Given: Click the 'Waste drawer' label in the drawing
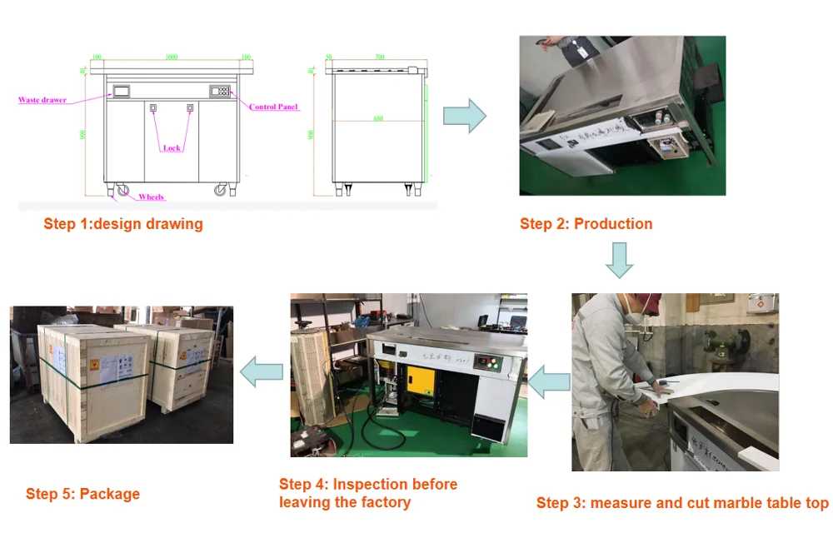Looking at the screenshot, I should click(42, 100).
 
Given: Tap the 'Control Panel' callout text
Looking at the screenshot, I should click(274, 107).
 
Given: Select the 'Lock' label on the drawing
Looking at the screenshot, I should click(172, 148).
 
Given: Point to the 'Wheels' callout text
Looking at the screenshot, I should click(151, 197).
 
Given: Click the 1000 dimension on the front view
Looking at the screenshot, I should click(172, 57).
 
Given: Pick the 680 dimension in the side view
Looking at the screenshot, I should click(378, 118).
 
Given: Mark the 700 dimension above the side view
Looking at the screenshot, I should click(380, 57).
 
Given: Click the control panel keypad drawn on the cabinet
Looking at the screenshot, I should click(220, 92).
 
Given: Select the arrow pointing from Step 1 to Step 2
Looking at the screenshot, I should click(464, 115).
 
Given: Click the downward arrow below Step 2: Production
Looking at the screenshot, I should click(619, 259).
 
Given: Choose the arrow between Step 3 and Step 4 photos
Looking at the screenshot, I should click(549, 381).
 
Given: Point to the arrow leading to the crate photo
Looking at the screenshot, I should click(261, 371).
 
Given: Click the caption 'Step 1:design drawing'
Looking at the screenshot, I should click(123, 223).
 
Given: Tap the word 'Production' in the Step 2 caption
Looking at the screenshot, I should click(613, 223).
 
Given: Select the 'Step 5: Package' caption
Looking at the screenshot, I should click(82, 494).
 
